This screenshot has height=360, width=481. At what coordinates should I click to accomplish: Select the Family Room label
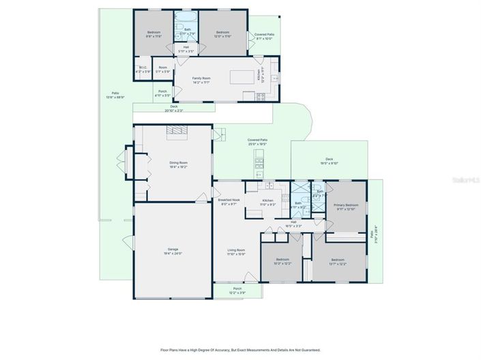click(202, 80)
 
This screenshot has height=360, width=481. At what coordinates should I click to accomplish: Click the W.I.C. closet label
click(143, 69)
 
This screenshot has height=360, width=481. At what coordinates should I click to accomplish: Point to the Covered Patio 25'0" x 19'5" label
click(257, 143)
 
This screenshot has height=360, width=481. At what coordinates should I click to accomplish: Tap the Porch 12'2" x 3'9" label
click(237, 290)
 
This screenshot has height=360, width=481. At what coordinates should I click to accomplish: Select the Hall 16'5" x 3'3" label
click(293, 223)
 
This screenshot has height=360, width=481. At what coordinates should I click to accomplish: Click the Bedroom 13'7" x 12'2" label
click(338, 261)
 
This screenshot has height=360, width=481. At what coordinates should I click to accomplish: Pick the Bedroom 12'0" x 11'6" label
click(222, 34)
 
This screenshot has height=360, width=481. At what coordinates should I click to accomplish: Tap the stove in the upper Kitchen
click(260, 97)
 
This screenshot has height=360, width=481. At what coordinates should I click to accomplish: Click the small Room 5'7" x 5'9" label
click(162, 69)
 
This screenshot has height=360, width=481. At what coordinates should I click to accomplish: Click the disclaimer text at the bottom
click(240, 350)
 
